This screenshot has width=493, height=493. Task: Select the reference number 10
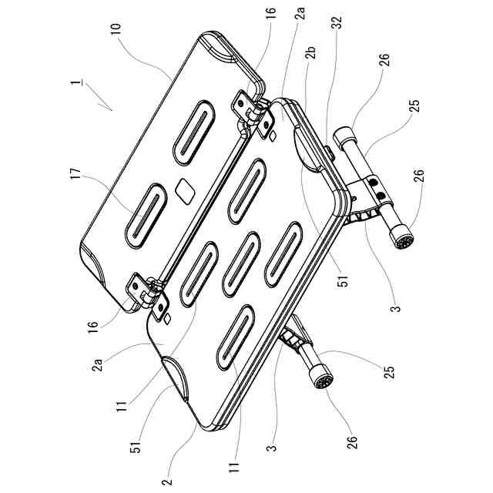pos(116,31)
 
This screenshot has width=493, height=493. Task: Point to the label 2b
pos(311,52)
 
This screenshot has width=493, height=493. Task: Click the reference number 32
pos(337,21)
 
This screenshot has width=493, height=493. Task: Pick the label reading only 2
pos(168,481)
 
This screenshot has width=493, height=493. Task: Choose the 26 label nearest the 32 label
pos(384,60)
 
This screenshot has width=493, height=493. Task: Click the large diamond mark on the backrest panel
pos(185,192)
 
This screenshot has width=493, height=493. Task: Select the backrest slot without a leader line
pos(194,132)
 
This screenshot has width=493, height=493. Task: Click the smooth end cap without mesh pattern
pos(344,138)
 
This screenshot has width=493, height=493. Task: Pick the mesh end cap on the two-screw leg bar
pos(402,236)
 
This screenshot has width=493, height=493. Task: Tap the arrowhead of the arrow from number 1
pos(111,109)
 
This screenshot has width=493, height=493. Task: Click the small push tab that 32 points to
pos(330,153)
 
